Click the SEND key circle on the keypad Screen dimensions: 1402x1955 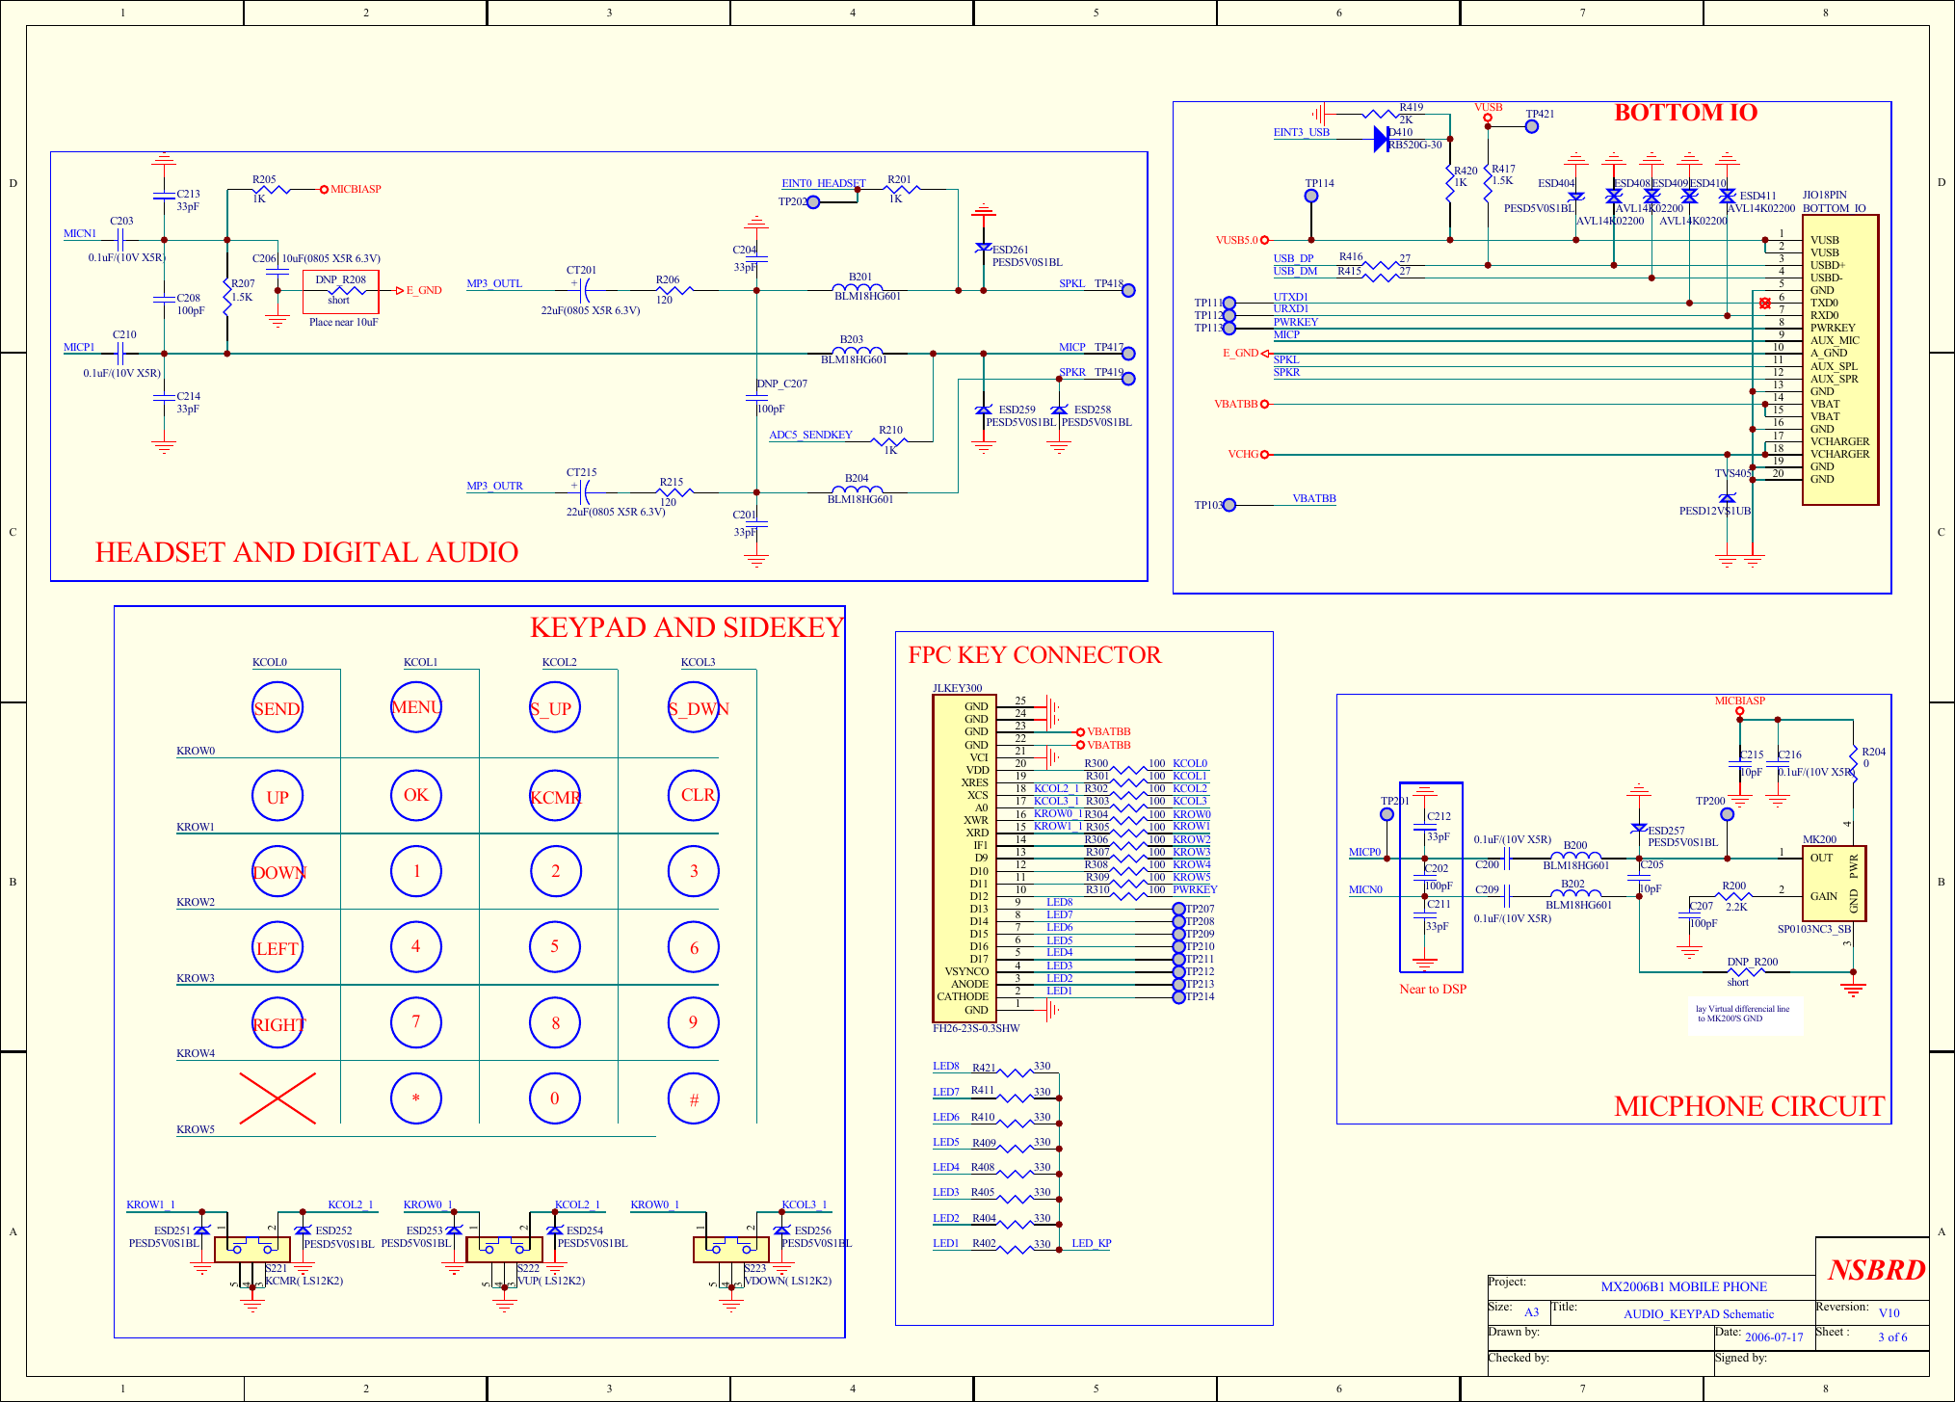pos(277,708)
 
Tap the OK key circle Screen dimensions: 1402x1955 pos(416,795)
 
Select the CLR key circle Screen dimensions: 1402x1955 pos(694,795)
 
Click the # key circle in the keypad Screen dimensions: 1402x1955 pos(694,1098)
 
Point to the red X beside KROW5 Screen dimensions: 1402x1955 pos(277,1098)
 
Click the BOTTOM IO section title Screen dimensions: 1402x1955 pos(1685,113)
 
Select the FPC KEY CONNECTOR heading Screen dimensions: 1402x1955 pos(1034,655)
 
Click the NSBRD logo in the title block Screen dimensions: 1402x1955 pos(1875,1270)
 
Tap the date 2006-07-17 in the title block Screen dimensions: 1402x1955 pos(1773,1336)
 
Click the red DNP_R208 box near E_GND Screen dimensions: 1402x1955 pos(341,291)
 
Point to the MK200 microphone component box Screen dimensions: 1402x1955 pos(1835,884)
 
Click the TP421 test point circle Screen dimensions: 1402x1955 pos(1532,126)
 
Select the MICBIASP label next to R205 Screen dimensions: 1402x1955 pos(355,189)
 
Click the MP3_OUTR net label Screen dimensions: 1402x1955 pos(494,486)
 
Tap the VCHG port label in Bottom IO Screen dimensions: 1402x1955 pos(1243,454)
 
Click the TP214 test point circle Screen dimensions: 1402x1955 pos(1178,996)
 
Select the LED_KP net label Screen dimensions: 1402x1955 pos(1091,1243)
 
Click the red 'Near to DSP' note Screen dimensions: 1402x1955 pos(1432,989)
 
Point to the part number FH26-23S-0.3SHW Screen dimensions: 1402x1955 pos(975,1028)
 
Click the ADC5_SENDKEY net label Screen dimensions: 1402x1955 pos(810,435)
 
